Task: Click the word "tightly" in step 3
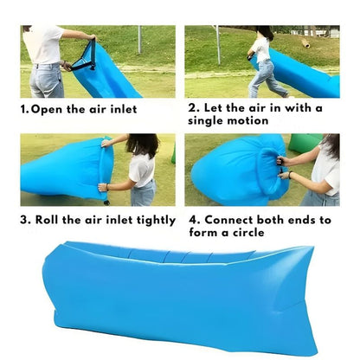click(152, 220)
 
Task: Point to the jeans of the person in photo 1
click(46, 80)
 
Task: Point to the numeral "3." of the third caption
click(26, 220)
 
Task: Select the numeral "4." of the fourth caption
click(195, 220)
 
